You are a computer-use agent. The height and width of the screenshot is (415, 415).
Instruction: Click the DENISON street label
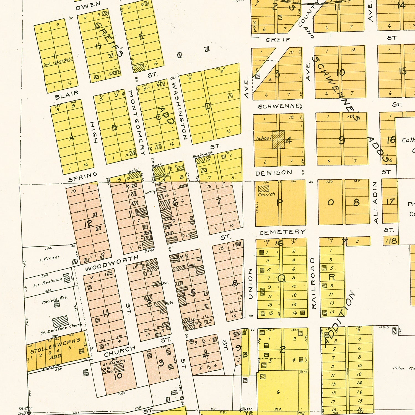pyautogui.click(x=274, y=173)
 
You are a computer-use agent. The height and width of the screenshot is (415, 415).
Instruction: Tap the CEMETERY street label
pyautogui.click(x=282, y=232)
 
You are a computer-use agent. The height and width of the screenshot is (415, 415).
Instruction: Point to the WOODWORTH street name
pyautogui.click(x=111, y=263)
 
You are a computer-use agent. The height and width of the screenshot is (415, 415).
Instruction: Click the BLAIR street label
pyautogui.click(x=67, y=95)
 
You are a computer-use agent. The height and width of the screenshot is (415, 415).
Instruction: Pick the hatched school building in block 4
pyautogui.click(x=278, y=139)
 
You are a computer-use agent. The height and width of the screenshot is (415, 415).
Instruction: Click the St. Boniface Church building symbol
pyautogui.click(x=60, y=322)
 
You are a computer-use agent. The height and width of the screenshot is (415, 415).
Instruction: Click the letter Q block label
pyautogui.click(x=281, y=278)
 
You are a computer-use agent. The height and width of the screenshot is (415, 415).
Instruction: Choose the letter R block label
pyautogui.click(x=331, y=277)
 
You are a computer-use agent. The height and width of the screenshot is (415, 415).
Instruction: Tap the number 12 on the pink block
pyautogui.click(x=88, y=223)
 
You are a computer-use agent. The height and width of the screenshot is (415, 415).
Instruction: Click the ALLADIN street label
pyautogui.click(x=375, y=202)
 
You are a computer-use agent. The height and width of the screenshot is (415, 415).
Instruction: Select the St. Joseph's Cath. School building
pyautogui.click(x=119, y=368)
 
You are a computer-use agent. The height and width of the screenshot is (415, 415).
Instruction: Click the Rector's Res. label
pyautogui.click(x=55, y=299)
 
